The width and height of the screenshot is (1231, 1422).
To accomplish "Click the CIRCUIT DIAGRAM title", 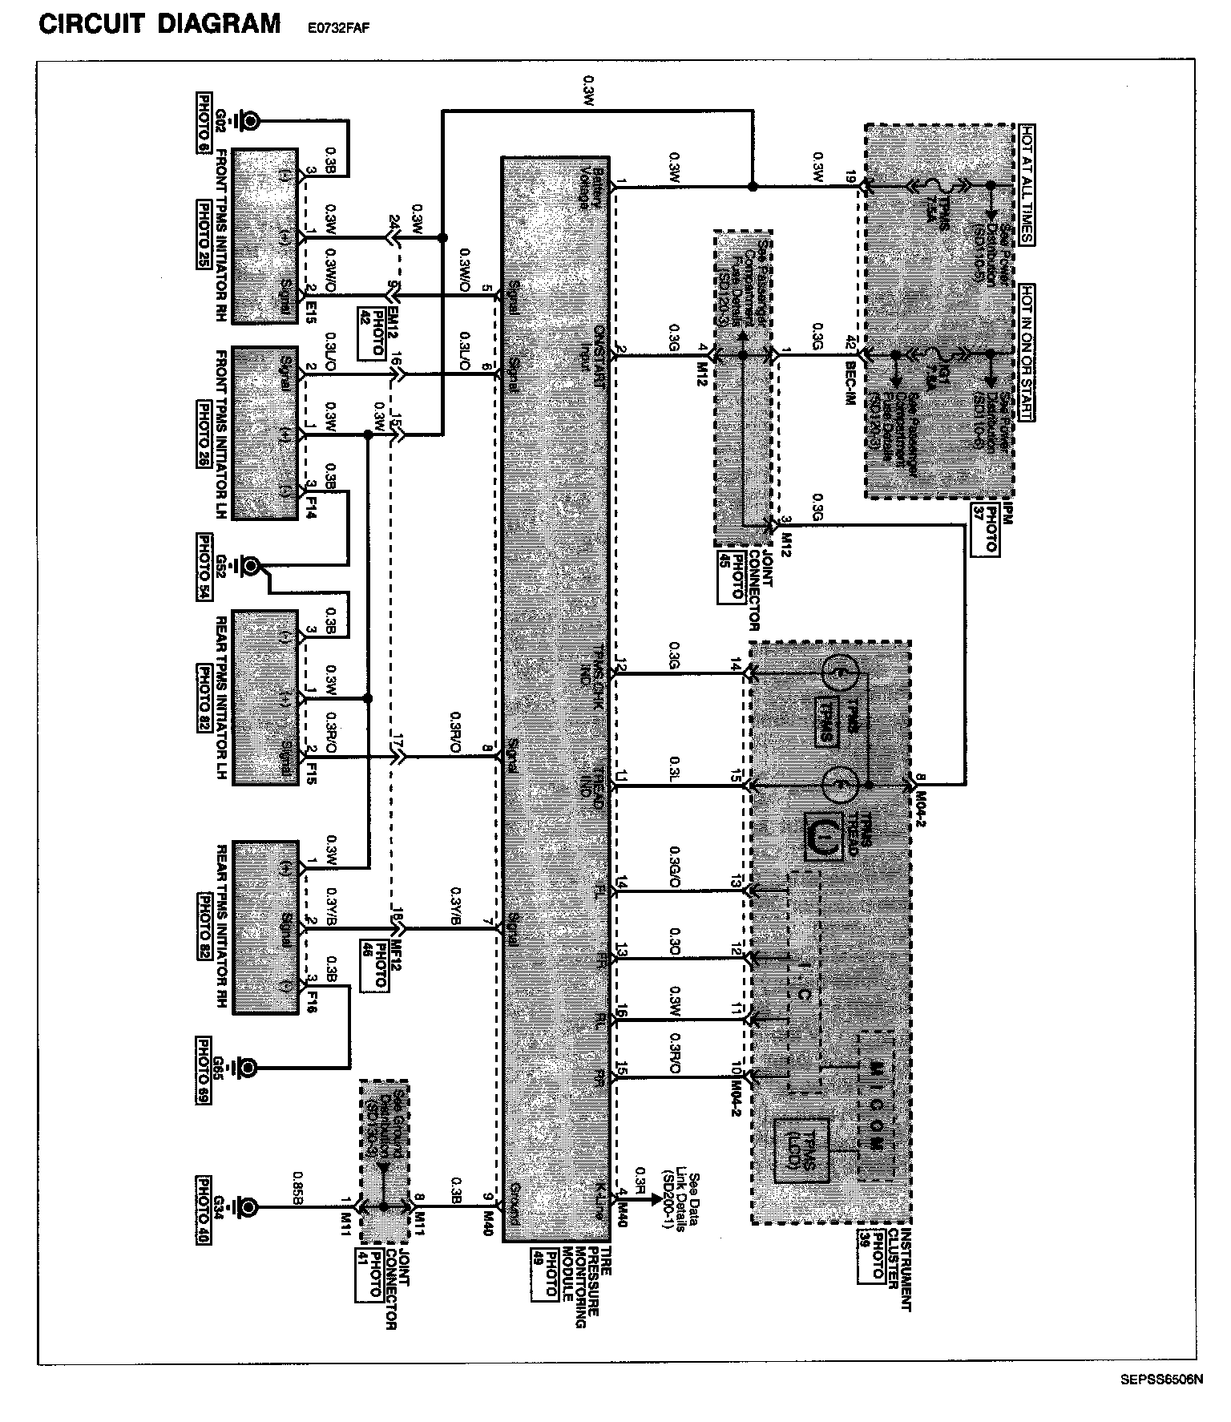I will (x=160, y=24).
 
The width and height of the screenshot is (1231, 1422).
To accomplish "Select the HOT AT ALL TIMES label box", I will (x=1026, y=184).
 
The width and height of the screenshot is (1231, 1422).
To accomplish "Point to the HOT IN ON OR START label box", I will (x=1026, y=352).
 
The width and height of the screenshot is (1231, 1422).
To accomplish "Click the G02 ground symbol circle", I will (x=251, y=122).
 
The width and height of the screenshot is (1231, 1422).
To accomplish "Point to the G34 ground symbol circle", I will (x=251, y=1206).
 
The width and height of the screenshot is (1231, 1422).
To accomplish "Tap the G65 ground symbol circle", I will (x=251, y=1068).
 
